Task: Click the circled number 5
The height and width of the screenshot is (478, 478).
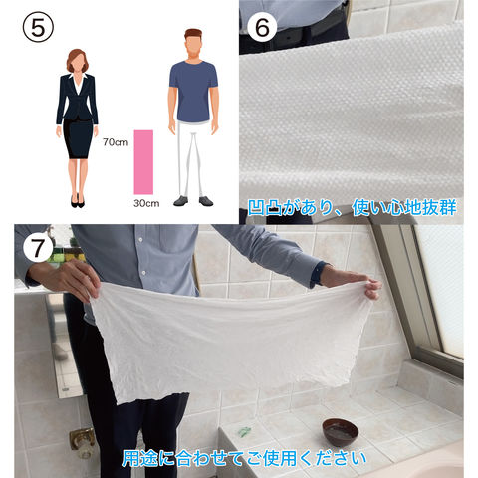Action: [38, 27]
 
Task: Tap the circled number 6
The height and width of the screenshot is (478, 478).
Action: [262, 27]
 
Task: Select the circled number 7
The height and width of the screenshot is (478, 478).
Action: [38, 248]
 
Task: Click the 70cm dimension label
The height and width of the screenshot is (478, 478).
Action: [116, 142]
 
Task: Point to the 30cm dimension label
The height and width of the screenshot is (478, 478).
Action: [146, 203]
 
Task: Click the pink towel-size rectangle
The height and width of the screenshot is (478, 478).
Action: [143, 162]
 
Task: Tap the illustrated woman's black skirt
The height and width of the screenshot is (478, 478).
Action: [78, 138]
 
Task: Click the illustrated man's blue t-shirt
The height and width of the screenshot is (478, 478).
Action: [193, 92]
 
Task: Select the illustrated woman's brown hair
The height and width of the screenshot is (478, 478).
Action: [78, 60]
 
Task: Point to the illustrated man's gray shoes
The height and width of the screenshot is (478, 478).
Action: [193, 201]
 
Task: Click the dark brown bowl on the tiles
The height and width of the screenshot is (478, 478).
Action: [341, 432]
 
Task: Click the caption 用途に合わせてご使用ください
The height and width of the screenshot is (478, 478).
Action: [245, 458]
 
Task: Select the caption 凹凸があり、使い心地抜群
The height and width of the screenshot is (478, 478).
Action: [353, 207]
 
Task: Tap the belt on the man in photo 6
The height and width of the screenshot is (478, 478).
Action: [296, 33]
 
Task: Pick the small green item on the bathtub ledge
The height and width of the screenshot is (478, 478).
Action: [244, 431]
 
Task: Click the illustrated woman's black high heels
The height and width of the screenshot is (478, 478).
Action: [77, 201]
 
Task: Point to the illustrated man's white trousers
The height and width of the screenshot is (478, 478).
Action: [191, 158]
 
